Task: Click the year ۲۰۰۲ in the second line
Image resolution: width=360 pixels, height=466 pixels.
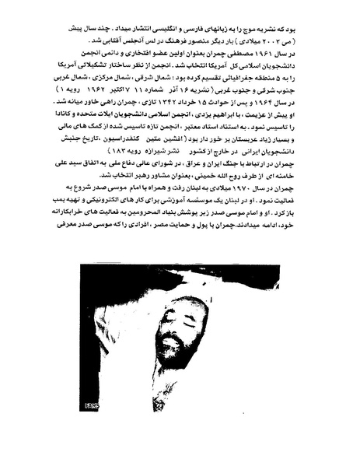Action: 273,36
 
